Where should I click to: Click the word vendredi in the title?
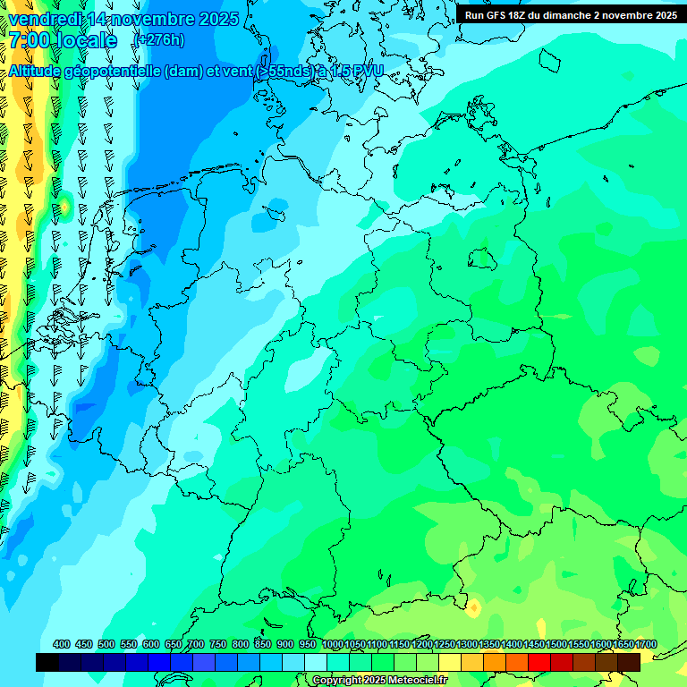46,19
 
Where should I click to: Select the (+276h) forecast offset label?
160,40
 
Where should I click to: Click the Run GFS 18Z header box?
571,15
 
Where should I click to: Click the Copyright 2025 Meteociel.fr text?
379,681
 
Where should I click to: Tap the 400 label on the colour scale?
62,645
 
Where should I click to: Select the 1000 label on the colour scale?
332,645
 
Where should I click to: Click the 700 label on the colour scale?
196,645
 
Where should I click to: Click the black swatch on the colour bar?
47,663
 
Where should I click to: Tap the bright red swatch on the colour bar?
539,663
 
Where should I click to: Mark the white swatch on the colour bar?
316,663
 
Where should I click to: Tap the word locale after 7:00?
84,40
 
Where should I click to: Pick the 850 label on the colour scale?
263,645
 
